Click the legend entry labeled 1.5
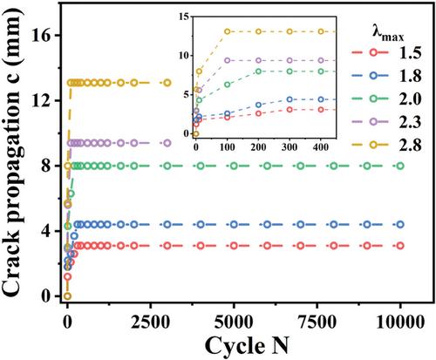click(386, 53)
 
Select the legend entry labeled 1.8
click(386, 76)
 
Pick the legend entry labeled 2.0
click(386, 98)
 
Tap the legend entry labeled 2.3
click(386, 122)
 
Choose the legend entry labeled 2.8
click(386, 145)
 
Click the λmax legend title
click(388, 33)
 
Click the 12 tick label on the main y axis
click(43, 100)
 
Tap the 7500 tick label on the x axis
click(317, 322)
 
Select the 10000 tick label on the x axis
click(400, 322)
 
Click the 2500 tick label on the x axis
click(151, 322)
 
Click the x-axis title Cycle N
click(247, 345)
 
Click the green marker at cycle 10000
click(400, 166)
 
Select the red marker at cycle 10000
click(400, 246)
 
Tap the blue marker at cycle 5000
click(234, 224)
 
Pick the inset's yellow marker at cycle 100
click(228, 31)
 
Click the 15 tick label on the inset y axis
click(184, 17)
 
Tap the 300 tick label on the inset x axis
click(290, 147)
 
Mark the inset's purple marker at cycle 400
click(321, 60)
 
